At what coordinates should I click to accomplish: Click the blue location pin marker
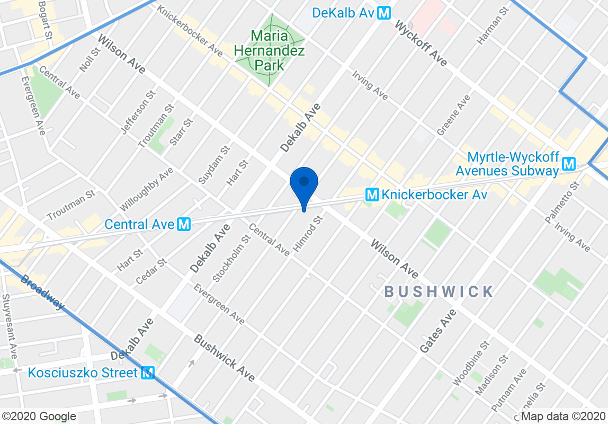pos(304,183)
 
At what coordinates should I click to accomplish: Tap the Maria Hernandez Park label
pos(270,51)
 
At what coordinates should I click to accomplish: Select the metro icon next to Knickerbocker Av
pos(373,195)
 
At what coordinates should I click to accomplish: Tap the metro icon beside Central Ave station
pos(184,224)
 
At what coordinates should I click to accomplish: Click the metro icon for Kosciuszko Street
pos(148,373)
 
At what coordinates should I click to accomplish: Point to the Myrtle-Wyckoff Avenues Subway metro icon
pos(569,164)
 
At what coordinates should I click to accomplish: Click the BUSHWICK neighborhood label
pos(439,291)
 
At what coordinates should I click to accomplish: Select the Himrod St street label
pos(308,234)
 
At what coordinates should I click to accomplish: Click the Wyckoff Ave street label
pos(421,45)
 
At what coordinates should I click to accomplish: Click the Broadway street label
pos(43,293)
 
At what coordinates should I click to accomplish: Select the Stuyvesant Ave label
pos(10,326)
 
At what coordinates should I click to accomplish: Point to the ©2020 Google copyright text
pos(39,417)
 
